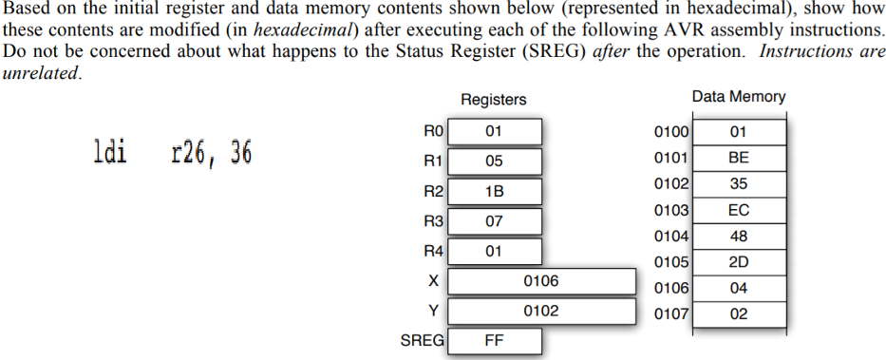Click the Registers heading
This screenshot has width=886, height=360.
tap(493, 99)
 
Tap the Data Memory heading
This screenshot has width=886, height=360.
tap(739, 97)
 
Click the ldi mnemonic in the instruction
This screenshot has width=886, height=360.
tap(110, 152)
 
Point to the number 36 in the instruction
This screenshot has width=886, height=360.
tap(239, 152)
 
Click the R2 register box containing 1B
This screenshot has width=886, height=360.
tap(494, 191)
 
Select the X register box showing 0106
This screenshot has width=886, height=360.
tap(541, 281)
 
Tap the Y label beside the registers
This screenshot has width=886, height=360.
tap(434, 311)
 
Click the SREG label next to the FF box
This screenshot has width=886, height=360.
tap(422, 340)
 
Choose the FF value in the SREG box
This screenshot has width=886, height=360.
tap(494, 341)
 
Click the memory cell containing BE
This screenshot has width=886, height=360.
tap(739, 158)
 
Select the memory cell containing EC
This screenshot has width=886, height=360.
tap(739, 210)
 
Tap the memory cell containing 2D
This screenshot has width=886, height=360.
tap(739, 262)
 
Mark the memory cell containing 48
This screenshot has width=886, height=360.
tap(739, 236)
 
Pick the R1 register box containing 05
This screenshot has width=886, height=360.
tap(494, 161)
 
